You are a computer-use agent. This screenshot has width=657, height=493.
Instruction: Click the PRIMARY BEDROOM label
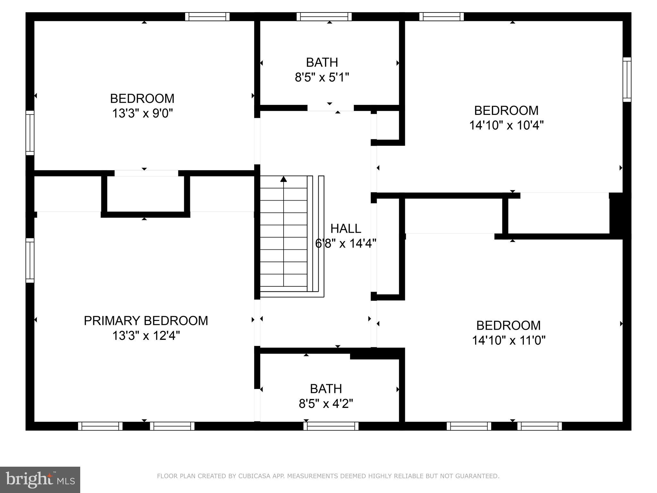pos(146,321)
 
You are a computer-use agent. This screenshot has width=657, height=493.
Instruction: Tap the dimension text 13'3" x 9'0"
pos(142,113)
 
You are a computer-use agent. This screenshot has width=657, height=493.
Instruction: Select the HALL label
pos(346,229)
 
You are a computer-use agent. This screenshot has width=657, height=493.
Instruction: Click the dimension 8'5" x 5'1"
pos(322,77)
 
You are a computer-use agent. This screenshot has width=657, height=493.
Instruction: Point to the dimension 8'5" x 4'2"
pos(326,403)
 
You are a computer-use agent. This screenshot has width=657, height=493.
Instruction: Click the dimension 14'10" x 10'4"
pos(506,125)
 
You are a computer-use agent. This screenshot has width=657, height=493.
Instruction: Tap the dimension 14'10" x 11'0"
pos(508,340)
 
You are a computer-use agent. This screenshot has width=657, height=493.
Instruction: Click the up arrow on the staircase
pos(284,179)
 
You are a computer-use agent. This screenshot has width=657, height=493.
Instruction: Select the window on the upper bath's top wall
pos(324,17)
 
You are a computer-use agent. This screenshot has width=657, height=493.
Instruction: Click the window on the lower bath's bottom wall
pos(331,426)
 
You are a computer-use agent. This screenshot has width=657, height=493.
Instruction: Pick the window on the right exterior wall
pos(627,80)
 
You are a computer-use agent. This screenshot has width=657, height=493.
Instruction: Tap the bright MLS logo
pos(40,480)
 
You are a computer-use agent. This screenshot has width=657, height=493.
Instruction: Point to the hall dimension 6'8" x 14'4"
pos(346,244)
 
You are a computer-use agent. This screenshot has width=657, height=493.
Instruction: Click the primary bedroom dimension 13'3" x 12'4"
pos(146,336)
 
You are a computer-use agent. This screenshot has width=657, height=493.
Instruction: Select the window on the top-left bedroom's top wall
pos(207,17)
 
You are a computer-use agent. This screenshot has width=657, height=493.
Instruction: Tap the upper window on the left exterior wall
pos(30,133)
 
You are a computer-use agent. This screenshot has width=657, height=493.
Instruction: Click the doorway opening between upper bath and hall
pos(330,108)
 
